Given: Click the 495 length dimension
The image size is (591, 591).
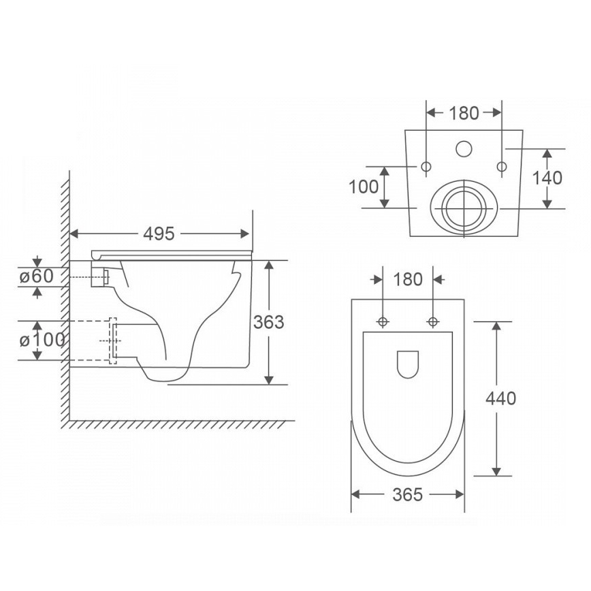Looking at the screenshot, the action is click(159, 234).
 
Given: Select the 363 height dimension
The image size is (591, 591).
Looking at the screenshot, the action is click(268, 322).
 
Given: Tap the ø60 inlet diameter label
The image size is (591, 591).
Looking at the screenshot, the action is click(37, 276).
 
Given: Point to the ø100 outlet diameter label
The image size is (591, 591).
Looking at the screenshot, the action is click(42, 340).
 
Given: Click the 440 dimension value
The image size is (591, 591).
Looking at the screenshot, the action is click(500, 398).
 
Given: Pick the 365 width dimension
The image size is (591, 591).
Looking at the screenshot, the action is click(407, 494).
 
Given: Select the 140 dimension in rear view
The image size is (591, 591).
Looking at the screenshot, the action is click(547, 178).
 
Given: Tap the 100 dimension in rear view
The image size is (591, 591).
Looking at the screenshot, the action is click(364, 187).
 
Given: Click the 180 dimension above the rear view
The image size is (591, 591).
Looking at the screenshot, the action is click(464, 113).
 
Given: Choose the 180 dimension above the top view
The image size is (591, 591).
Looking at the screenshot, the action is click(408, 279).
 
